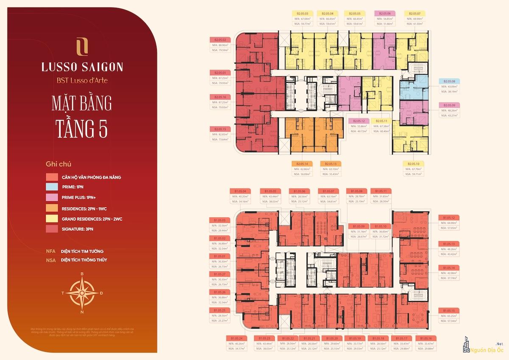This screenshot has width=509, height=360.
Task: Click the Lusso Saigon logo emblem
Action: pos(82,46)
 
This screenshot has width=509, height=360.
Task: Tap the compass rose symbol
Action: pos(82,292)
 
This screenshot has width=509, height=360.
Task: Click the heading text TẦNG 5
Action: pos(82,129)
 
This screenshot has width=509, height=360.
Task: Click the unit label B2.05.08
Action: pos(450,81)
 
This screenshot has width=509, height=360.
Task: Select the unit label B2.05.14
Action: pos(302,163)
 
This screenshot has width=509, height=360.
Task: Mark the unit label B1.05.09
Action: pos(358,226)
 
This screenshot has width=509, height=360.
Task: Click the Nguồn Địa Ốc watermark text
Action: pos(488,351)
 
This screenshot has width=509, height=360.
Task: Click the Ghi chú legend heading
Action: pos(59,164)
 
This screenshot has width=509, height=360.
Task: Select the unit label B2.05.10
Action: pos(413,163)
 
